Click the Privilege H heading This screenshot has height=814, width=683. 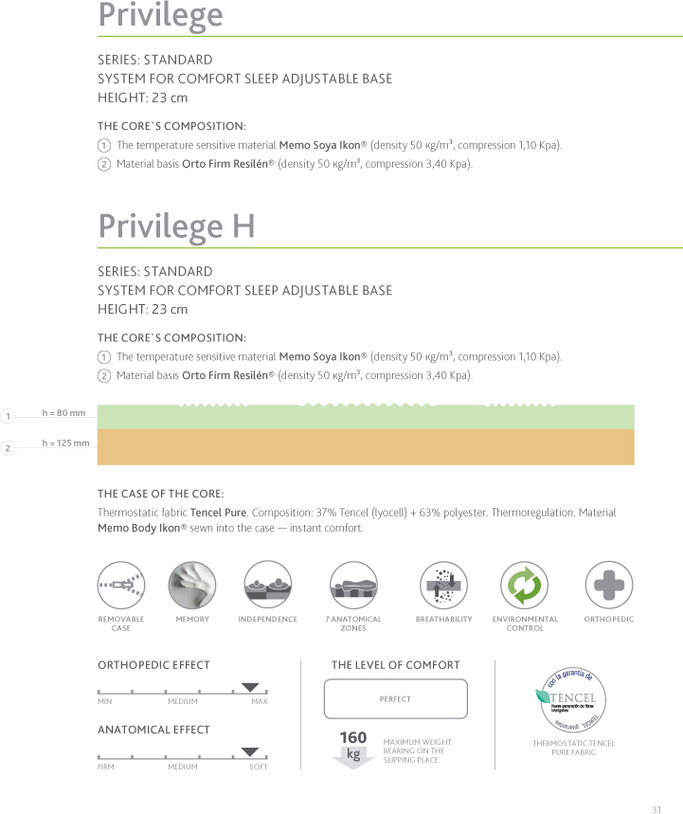coord(176,227)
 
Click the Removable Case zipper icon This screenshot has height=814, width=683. coord(121,585)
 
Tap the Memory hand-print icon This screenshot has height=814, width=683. coord(192,585)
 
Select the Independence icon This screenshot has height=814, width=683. coord(267,585)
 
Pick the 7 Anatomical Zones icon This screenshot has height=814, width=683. coord(353,585)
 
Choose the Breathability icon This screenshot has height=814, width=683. coord(443,585)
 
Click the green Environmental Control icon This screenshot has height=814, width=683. coord(524,585)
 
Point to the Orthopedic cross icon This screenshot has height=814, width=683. coord(608,585)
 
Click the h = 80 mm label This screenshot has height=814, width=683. coord(63,413)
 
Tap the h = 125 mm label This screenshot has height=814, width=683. coord(65,443)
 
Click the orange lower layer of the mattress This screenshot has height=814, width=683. coord(366,447)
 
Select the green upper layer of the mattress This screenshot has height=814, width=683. coord(366,417)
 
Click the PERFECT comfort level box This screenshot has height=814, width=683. coord(395,699)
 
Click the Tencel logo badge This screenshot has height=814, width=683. coord(573,700)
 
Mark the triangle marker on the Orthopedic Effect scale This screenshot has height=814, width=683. coord(250,687)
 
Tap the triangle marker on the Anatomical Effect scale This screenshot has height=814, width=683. coord(250,751)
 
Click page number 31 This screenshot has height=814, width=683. coord(656,783)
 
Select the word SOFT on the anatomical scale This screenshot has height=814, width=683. coord(259,767)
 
